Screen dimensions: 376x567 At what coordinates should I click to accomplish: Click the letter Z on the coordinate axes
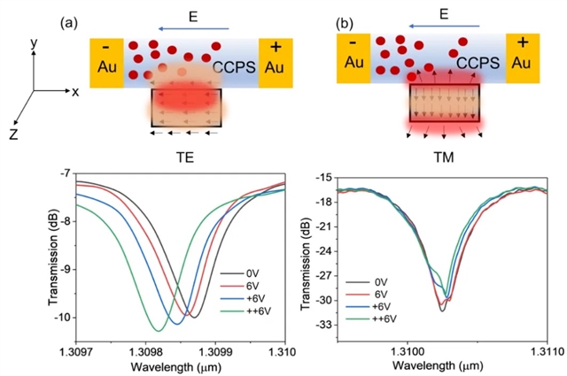coord(13,133)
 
